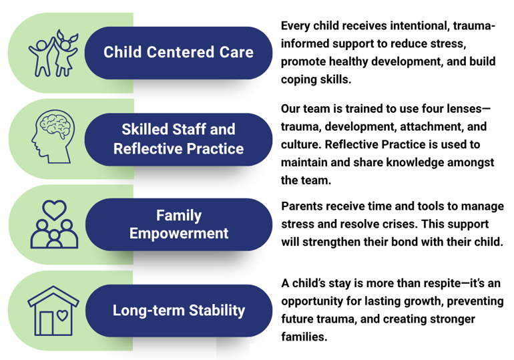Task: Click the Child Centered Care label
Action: pos(178,52)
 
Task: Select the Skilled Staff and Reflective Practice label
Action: pos(178,138)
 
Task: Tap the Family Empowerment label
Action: pos(178,224)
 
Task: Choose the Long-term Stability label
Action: pos(178,311)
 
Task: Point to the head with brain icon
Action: pos(53,137)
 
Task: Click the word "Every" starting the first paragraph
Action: pos(298,26)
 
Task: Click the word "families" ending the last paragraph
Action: pos(304,337)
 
